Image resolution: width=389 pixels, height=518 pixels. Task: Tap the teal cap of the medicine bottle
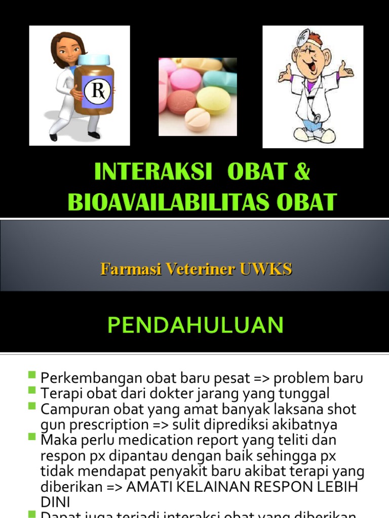click(x=94, y=60)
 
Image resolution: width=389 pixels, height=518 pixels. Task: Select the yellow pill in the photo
click(x=213, y=100)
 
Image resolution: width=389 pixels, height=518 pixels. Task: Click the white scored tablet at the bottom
click(x=197, y=120)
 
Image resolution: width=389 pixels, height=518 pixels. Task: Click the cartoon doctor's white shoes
click(x=314, y=135)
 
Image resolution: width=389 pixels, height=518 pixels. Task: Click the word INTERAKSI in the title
click(x=153, y=172)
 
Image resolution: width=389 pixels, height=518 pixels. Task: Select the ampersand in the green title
click(x=301, y=172)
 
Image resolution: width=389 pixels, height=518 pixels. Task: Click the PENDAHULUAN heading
click(x=195, y=325)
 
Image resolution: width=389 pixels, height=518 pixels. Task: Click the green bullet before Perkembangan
click(x=32, y=375)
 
